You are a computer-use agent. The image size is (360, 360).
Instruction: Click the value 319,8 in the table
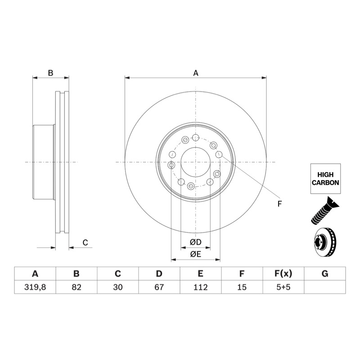[35, 287]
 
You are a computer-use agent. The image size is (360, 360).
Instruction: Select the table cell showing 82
[76, 287]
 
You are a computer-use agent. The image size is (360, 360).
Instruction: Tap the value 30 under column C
[118, 287]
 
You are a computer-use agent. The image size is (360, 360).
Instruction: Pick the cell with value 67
[159, 287]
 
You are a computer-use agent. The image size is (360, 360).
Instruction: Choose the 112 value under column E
[200, 287]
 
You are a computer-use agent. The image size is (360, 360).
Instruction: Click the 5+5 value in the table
[283, 287]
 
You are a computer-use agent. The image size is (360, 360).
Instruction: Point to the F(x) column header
[283, 274]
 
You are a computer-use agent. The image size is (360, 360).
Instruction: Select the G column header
[325, 274]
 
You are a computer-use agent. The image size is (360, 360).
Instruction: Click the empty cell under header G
[325, 287]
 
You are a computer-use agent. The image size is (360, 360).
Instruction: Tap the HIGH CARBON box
[325, 179]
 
